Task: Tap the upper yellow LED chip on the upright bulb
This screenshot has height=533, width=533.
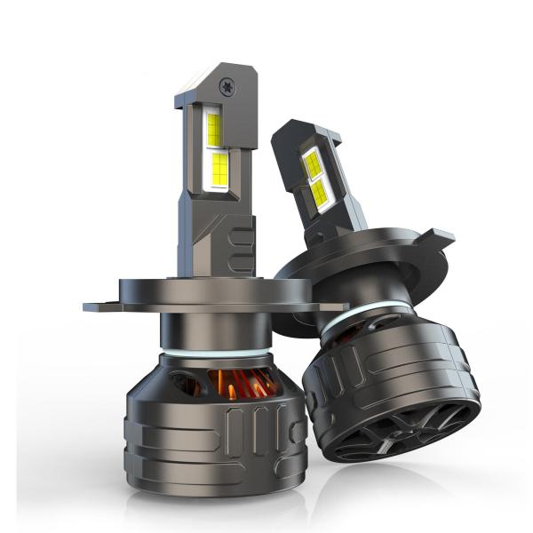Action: tap(214, 130)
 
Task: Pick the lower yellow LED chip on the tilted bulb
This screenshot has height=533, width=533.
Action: tap(321, 193)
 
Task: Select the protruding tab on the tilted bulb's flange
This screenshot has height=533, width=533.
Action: tap(438, 237)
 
